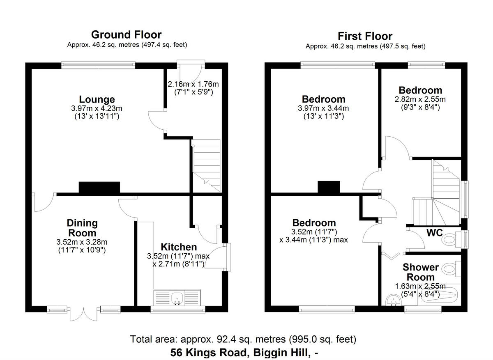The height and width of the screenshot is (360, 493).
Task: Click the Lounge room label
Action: [97, 99]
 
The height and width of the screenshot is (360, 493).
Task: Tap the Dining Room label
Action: [82, 228]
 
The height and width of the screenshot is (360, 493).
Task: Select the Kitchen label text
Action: [178, 247]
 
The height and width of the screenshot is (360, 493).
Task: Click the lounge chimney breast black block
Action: [99, 188]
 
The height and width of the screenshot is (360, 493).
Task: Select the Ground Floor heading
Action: [126, 34]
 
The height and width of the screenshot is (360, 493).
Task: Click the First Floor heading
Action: [365, 36]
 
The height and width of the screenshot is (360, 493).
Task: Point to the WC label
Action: [434, 233]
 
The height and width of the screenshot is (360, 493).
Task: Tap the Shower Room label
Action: [421, 272]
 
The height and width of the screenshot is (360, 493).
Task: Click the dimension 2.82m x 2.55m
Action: [420, 99]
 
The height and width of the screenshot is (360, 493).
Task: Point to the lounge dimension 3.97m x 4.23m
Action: [97, 108]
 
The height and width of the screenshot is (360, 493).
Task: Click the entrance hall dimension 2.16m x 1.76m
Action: [193, 84]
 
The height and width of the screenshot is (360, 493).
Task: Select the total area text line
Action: [243, 339]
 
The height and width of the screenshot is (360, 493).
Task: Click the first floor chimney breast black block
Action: [329, 187]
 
